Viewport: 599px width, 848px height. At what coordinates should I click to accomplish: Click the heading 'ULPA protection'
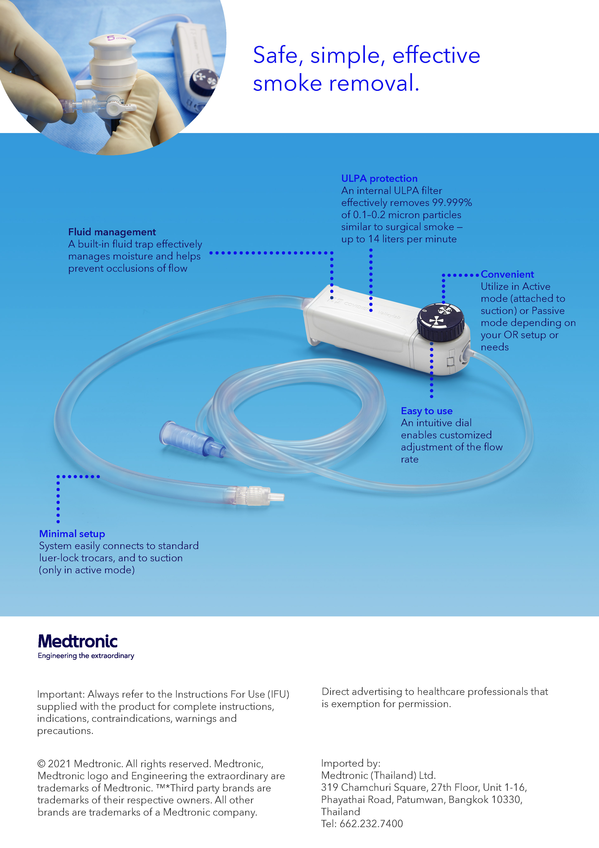click(x=379, y=178)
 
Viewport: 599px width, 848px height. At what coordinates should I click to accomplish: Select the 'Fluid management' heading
click(x=112, y=232)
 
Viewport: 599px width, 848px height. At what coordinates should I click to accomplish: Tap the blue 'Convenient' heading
click(x=507, y=274)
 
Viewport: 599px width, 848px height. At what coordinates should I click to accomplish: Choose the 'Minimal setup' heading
click(x=72, y=534)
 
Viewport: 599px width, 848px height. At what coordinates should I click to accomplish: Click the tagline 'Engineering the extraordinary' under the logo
click(x=86, y=656)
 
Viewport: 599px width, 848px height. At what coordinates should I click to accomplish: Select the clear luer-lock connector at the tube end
click(x=259, y=496)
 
